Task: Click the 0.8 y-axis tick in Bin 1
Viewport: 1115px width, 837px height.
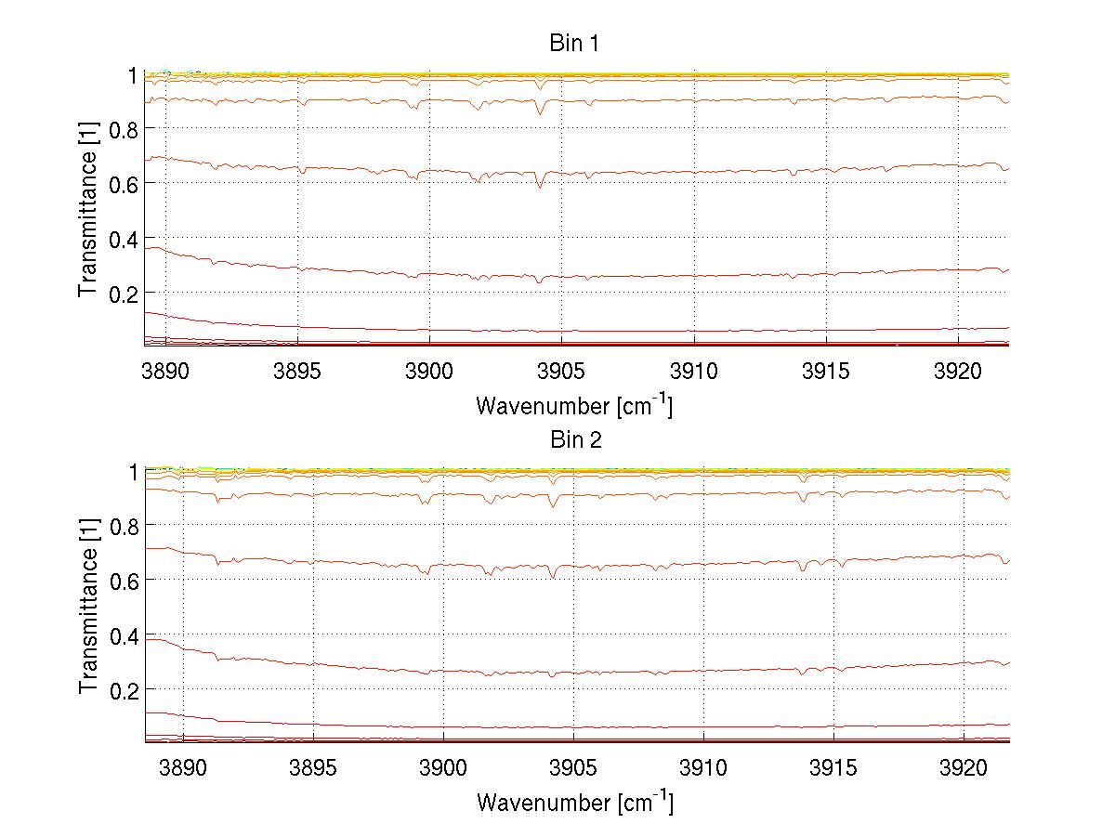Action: click(126, 128)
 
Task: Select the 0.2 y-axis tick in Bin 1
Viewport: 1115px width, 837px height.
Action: click(126, 293)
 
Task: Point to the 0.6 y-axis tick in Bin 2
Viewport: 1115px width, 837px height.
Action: click(126, 580)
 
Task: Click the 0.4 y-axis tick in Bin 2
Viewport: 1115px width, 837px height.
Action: click(126, 634)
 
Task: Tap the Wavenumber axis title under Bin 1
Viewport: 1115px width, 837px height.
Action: click(574, 405)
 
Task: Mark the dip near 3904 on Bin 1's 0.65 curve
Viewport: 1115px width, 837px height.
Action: click(540, 187)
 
